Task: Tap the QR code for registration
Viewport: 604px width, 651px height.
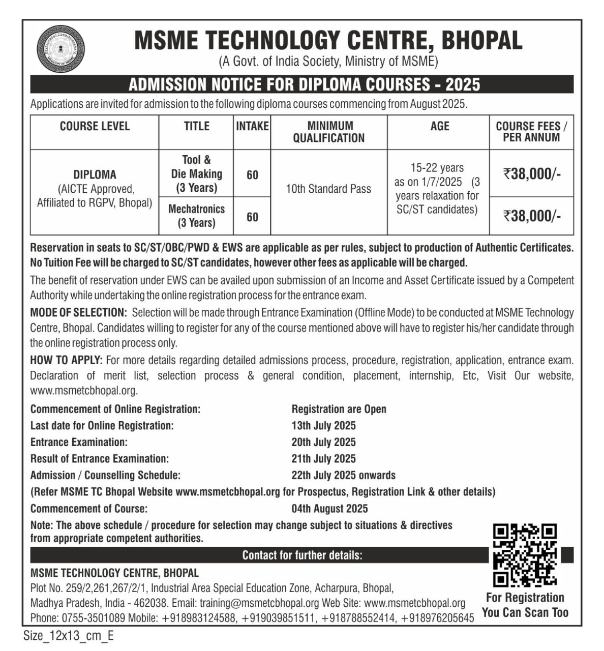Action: click(x=525, y=555)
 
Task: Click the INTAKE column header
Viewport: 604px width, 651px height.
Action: click(x=252, y=126)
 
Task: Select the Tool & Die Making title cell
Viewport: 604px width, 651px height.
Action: click(x=196, y=174)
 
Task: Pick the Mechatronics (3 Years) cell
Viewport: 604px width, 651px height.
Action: click(x=196, y=216)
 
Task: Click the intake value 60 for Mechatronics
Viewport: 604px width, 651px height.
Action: click(x=252, y=217)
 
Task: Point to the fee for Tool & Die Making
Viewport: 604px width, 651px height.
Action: click(x=532, y=174)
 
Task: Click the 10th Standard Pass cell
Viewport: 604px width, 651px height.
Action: click(x=328, y=189)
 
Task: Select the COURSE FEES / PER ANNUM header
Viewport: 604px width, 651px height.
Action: click(x=531, y=131)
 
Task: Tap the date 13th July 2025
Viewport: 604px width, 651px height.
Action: click(x=323, y=426)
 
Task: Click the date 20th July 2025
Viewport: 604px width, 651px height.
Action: click(x=323, y=442)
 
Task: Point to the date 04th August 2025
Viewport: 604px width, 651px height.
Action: click(x=329, y=509)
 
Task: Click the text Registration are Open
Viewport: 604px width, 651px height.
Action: click(x=339, y=409)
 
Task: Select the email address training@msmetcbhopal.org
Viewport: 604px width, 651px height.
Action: click(x=259, y=603)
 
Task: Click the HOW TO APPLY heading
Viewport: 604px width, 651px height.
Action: click(x=66, y=361)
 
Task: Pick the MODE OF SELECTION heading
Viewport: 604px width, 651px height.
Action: click(x=78, y=312)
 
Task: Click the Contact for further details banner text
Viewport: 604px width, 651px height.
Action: click(x=302, y=555)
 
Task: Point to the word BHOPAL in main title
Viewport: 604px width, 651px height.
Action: click(x=481, y=41)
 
